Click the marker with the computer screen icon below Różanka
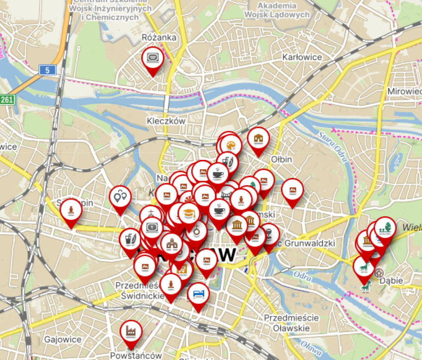click(x=152, y=58)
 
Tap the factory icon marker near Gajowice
click(x=131, y=331)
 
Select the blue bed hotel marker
click(x=198, y=293)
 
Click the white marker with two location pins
click(x=120, y=197)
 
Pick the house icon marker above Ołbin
click(x=258, y=138)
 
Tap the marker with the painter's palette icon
click(x=230, y=145)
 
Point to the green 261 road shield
click(x=7, y=99)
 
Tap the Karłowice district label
click(x=302, y=57)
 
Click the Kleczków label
click(x=166, y=121)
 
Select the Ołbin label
click(x=282, y=159)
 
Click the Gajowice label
click(x=63, y=340)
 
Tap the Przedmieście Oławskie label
click(x=291, y=323)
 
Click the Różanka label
click(x=159, y=37)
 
